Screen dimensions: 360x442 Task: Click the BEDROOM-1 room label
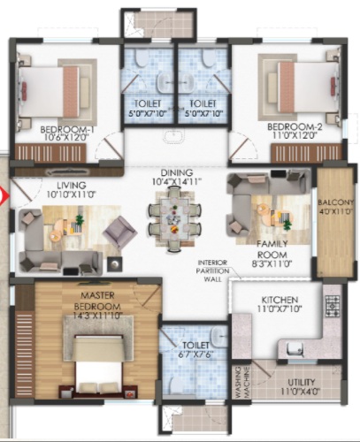[x=67, y=129]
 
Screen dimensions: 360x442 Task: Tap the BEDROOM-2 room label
[x=295, y=127]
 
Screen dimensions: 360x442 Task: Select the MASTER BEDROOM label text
[x=97, y=301]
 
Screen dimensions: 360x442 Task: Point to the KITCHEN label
[x=280, y=300]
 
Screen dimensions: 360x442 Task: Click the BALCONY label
[x=335, y=202]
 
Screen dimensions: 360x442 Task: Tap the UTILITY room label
[x=301, y=383]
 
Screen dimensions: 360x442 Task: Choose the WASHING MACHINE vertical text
[x=243, y=382]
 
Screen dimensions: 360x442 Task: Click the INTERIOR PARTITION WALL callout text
[x=212, y=271]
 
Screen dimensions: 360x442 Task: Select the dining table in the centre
[x=175, y=219]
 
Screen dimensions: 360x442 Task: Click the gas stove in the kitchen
[x=333, y=307]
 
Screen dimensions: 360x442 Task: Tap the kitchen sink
[x=295, y=350]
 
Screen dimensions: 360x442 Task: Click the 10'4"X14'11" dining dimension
[x=177, y=181]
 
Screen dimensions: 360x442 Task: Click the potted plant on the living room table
[x=80, y=219]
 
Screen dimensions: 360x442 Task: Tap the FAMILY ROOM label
[x=272, y=249]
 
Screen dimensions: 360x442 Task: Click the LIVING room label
[x=72, y=186]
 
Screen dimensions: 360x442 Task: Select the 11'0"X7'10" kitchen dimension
[x=280, y=309]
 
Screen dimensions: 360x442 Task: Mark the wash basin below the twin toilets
[x=175, y=137]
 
